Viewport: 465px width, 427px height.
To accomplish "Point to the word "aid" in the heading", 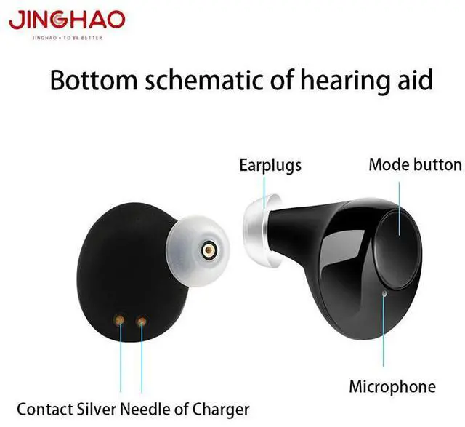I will click(415, 79).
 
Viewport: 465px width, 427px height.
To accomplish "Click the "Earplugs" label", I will click(270, 166).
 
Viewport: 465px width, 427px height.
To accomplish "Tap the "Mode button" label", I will click(415, 164).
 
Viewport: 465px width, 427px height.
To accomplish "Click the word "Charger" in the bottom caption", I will click(219, 410).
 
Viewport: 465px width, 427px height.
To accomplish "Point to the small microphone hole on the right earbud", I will click(384, 294).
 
